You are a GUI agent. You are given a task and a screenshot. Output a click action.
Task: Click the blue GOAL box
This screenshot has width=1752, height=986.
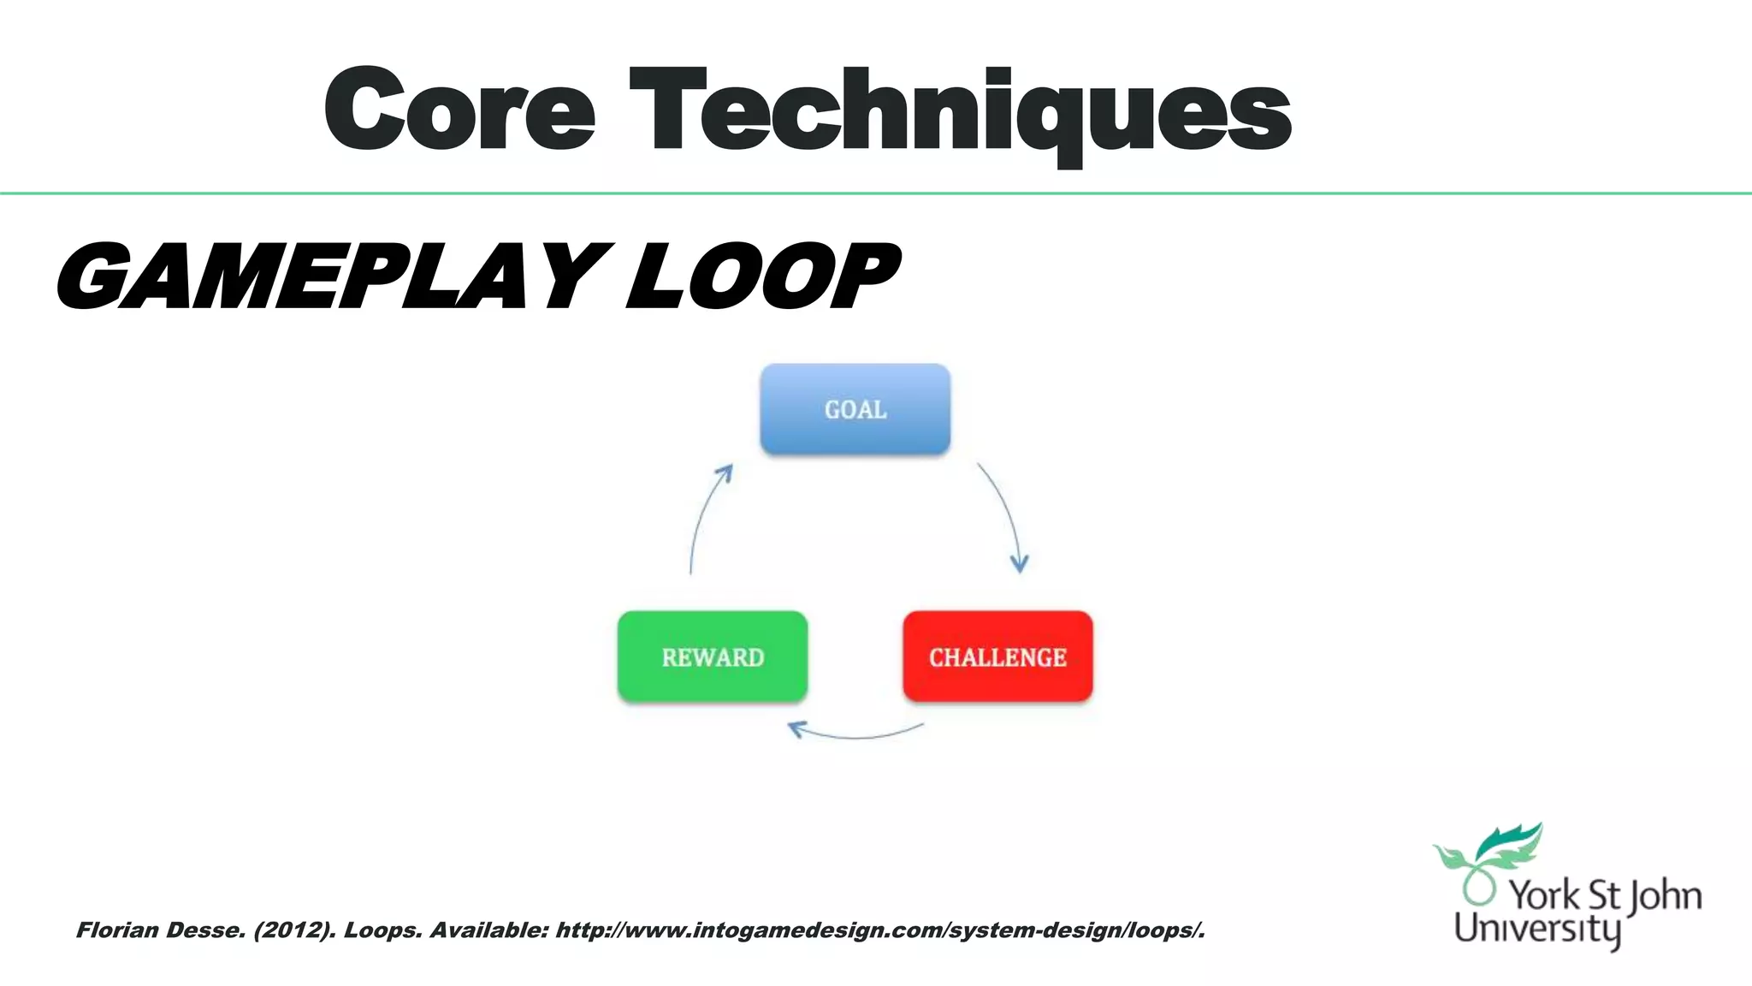click(x=855, y=409)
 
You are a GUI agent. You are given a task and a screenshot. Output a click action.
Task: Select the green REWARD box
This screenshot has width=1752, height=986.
click(x=712, y=656)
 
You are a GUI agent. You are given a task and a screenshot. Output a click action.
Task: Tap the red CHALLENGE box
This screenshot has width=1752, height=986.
click(x=997, y=656)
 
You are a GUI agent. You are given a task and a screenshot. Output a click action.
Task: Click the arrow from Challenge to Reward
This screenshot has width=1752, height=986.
click(x=855, y=734)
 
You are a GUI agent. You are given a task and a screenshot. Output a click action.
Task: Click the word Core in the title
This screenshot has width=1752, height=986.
click(x=459, y=111)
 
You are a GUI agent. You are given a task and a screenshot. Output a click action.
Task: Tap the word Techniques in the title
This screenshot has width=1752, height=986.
click(x=960, y=111)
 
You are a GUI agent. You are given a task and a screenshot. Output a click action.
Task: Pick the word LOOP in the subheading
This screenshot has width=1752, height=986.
click(x=761, y=276)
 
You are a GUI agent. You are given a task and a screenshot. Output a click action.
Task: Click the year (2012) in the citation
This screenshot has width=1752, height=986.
click(x=294, y=930)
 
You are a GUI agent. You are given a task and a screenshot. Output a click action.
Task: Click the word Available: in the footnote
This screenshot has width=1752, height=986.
click(x=488, y=930)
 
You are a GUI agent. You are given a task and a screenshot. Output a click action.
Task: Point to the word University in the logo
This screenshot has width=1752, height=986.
click(x=1536, y=929)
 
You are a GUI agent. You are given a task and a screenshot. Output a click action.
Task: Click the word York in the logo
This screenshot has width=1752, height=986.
click(x=1543, y=895)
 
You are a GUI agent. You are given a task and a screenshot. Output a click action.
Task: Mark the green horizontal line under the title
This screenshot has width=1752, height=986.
click(x=876, y=193)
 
